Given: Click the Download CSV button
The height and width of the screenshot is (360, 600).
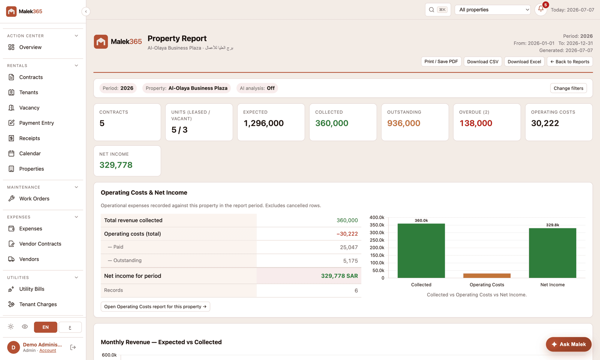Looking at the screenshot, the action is (483, 61).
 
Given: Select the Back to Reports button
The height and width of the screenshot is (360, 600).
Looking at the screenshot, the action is (570, 61).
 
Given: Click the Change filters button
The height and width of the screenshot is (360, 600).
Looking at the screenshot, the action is (568, 88).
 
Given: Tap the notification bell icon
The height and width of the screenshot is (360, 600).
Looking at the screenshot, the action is (541, 9).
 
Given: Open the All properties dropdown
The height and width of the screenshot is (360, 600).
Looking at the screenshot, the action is (493, 10).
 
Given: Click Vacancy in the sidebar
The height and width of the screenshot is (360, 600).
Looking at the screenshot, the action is (29, 108).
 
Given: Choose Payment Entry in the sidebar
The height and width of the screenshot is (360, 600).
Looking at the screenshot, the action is (36, 123).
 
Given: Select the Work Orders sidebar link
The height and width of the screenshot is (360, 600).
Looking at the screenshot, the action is (34, 198).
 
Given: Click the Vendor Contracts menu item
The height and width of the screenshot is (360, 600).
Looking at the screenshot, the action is (40, 244).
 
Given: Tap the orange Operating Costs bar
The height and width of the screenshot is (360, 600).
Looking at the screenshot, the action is (487, 276).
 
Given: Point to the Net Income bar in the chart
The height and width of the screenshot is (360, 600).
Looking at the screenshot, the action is (552, 253).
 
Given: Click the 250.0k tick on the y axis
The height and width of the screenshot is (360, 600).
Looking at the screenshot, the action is (377, 240).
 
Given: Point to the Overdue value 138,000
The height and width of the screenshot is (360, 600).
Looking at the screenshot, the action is (476, 123).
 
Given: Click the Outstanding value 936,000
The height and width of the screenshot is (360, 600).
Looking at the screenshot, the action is (403, 123).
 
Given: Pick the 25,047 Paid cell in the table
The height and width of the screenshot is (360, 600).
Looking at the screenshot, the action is (349, 247).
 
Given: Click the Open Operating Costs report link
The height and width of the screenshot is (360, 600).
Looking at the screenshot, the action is (155, 306).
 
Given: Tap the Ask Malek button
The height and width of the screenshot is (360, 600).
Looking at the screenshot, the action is (568, 344).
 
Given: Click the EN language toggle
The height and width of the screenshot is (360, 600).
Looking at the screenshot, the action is (45, 327).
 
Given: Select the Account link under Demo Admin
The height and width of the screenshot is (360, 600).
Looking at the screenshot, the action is (48, 350).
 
